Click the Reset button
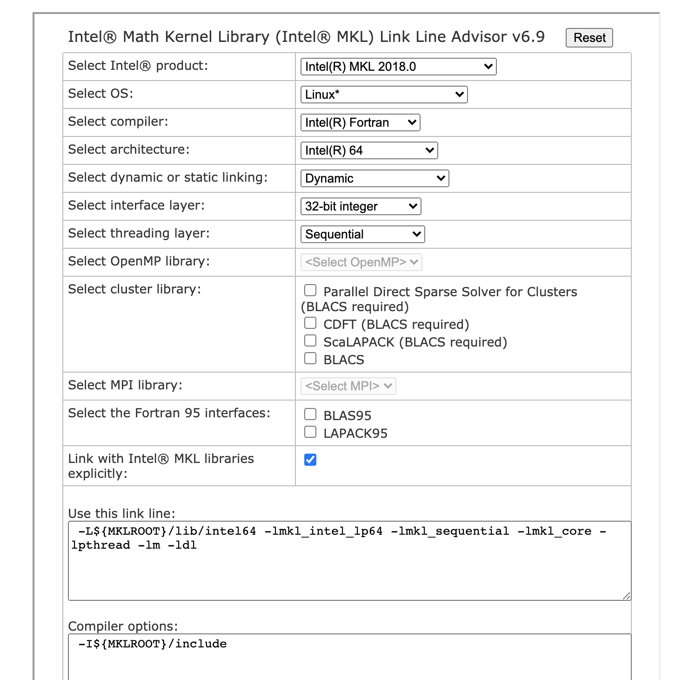(x=589, y=38)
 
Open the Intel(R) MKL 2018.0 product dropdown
(x=398, y=67)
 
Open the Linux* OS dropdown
(x=384, y=95)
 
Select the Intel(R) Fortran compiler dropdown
(x=360, y=122)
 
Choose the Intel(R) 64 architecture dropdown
(x=369, y=150)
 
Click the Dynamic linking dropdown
(x=374, y=178)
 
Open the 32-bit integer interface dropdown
(x=361, y=206)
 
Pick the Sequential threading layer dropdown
(x=362, y=234)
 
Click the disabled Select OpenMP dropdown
(x=361, y=262)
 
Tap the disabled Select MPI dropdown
(x=348, y=386)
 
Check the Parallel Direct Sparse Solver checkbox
(x=310, y=291)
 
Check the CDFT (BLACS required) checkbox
(x=310, y=323)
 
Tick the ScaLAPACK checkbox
(x=310, y=341)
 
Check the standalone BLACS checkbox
(x=310, y=359)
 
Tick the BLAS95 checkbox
(x=310, y=415)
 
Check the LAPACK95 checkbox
(x=310, y=432)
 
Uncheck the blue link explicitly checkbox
(x=310, y=460)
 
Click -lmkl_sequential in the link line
(x=450, y=531)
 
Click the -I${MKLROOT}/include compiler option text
(x=153, y=644)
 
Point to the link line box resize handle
(x=627, y=596)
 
